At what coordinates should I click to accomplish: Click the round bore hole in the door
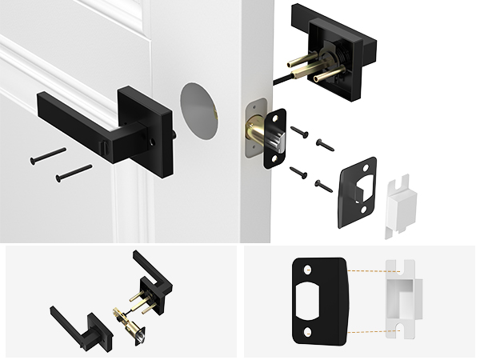tap(198, 111)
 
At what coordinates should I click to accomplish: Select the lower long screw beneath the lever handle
tap(74, 171)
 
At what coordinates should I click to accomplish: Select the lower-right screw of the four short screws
tap(322, 186)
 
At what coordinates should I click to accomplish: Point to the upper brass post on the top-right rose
tap(305, 63)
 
